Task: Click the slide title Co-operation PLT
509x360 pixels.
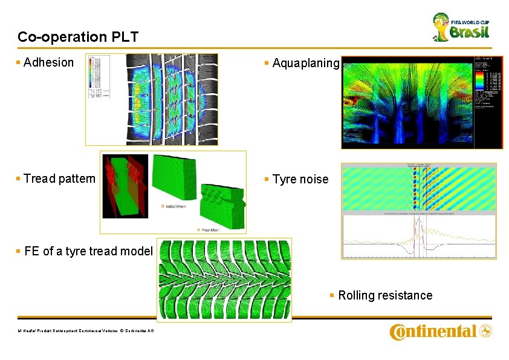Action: coord(78,37)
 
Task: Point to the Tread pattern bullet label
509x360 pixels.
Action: coord(59,178)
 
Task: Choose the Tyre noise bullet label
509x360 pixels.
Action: coord(300,179)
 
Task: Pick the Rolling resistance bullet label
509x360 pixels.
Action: coord(385,295)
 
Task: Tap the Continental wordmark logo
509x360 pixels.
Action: coord(433,332)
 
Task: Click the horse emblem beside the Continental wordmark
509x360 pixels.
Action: coord(485,331)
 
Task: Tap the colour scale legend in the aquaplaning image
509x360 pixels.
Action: coord(488,85)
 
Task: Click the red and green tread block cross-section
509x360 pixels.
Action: coord(125,185)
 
